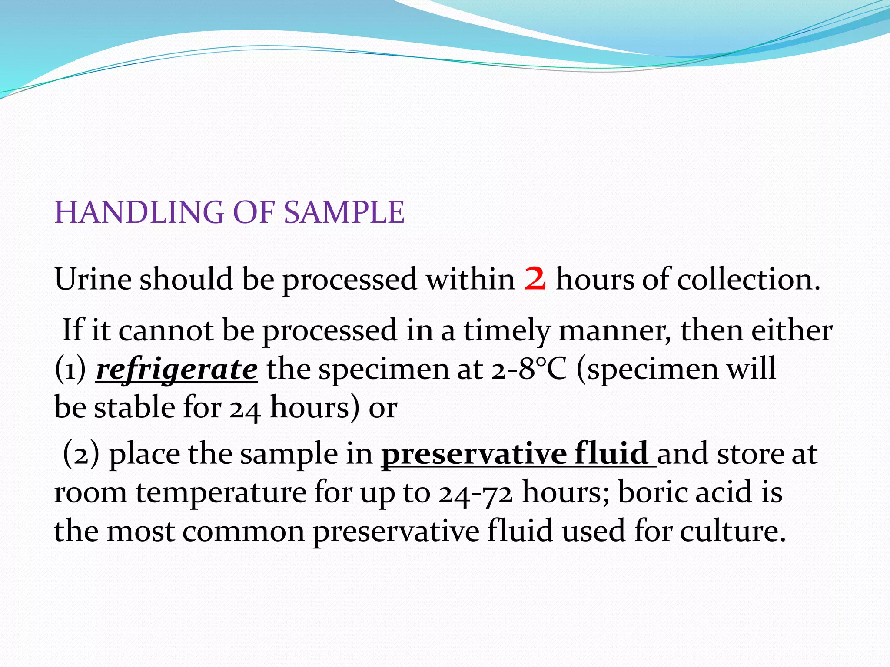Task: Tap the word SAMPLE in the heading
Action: pos(344,213)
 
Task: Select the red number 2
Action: pos(535,279)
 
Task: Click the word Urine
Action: pos(93,279)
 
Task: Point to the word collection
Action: pos(748,279)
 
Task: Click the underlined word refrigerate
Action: pos(176,370)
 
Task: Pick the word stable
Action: pos(134,407)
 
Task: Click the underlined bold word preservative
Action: pos(474,454)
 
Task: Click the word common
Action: pos(243,532)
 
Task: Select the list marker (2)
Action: pos(81,454)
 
